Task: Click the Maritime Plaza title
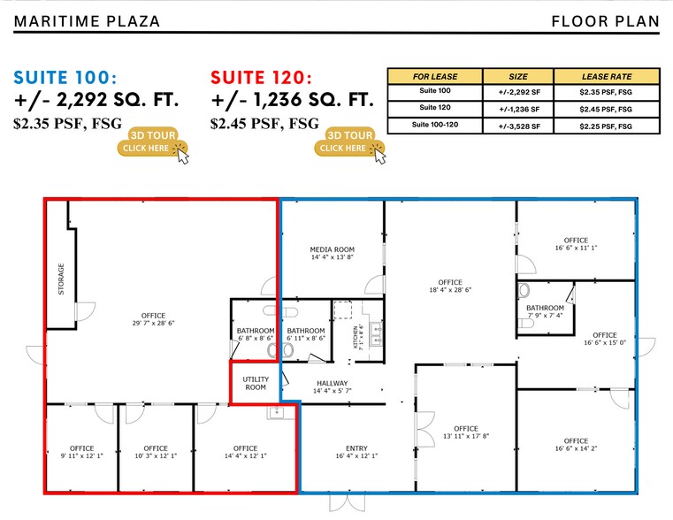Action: (87, 20)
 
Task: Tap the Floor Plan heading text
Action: (606, 20)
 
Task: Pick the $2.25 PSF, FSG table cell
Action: (607, 125)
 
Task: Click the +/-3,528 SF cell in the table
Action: (518, 125)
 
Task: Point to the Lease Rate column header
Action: (607, 77)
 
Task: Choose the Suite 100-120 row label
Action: (435, 125)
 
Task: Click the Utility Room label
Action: (256, 383)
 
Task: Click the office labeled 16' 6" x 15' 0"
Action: (604, 340)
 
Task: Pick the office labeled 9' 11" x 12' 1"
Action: (81, 452)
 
